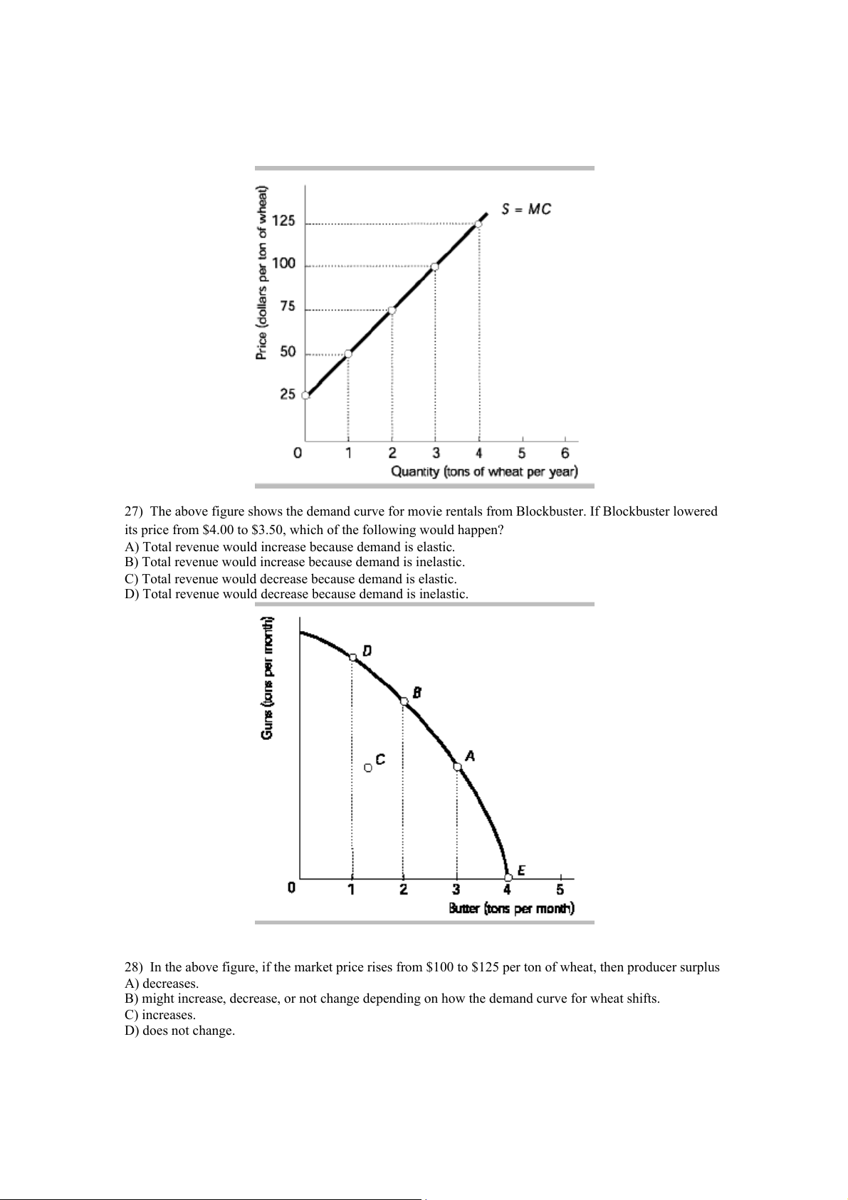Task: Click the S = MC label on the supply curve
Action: pos(526,209)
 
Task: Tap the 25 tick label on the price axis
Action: pos(287,394)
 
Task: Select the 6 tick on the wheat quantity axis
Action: pos(565,453)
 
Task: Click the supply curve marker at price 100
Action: pos(435,266)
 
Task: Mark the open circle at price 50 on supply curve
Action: pos(348,353)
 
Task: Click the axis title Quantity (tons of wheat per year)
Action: pos(484,471)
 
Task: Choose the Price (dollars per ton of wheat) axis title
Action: pos(262,273)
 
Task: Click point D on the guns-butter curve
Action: pos(352,657)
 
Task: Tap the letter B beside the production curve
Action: pos(417,692)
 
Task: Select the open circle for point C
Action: pos(367,767)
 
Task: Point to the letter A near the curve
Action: pos(470,756)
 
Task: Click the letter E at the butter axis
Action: pos(521,870)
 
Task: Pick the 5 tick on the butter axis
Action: pos(560,889)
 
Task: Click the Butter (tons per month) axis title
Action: pos(511,908)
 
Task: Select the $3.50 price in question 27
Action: pos(268,530)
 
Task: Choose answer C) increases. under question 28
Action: pos(160,1015)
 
